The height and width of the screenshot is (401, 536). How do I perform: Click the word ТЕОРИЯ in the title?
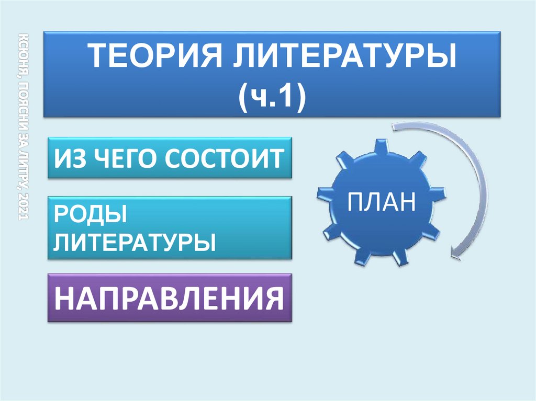coord(155,56)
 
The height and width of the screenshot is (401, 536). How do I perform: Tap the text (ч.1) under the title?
coord(272,97)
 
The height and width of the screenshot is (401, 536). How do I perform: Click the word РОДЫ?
coord(90,214)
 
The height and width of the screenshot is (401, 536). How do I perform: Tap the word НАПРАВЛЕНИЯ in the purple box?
coord(169,298)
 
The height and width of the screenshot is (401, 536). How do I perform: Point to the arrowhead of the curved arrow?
coord(455,253)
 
